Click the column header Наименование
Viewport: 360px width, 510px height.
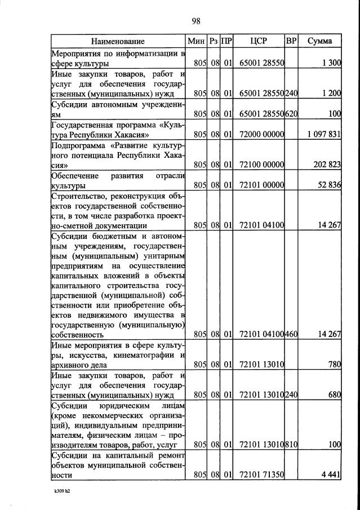[x=118, y=41]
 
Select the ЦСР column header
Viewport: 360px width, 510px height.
[x=257, y=41]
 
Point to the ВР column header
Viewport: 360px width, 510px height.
[x=291, y=41]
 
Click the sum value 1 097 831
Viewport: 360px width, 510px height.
[x=325, y=134]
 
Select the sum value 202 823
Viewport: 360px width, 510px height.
[x=327, y=165]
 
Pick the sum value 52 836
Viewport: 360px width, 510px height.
[x=330, y=185]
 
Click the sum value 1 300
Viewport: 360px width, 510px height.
[x=331, y=63]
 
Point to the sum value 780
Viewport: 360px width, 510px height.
[x=335, y=365]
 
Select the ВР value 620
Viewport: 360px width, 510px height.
[x=291, y=114]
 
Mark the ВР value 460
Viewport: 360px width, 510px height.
[x=291, y=334]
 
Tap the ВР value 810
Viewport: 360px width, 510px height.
[x=291, y=445]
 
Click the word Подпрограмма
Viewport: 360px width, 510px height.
[x=78, y=145]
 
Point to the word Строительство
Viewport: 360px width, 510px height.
[x=78, y=196]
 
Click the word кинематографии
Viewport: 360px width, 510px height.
[x=145, y=354]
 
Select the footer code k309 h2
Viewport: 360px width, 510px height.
[x=61, y=491]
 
